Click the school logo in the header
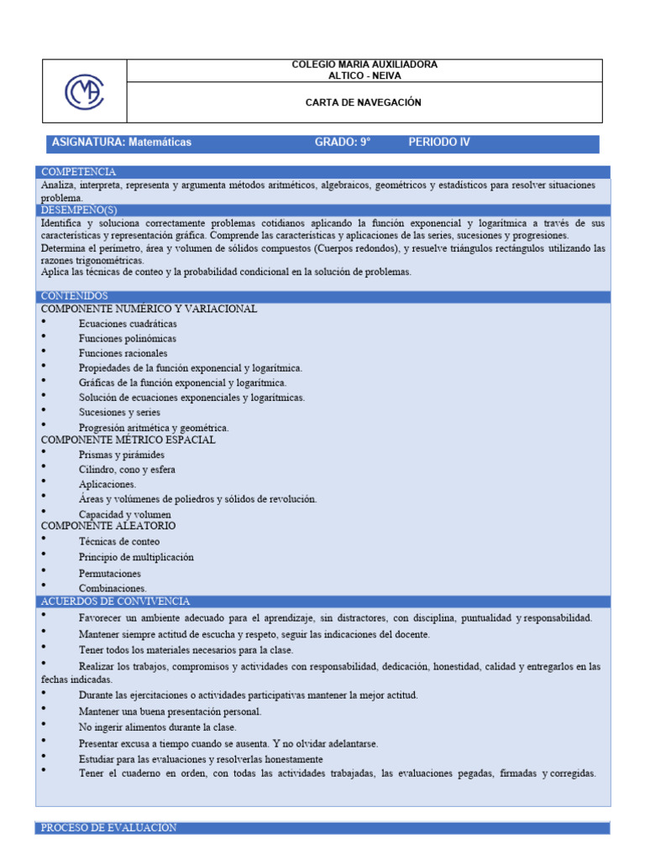click(84, 91)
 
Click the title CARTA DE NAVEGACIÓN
click(364, 102)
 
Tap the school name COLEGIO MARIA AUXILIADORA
click(364, 65)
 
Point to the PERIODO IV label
click(439, 143)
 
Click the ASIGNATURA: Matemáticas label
click(122, 143)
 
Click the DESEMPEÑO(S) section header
click(80, 210)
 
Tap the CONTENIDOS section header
click(75, 296)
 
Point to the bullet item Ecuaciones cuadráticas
click(128, 324)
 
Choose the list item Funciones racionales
click(123, 353)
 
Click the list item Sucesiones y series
click(119, 413)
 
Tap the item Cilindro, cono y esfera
click(127, 470)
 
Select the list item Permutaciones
click(111, 574)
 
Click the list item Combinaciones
click(113, 589)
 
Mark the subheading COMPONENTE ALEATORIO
click(108, 526)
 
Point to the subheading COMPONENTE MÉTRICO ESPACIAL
click(128, 440)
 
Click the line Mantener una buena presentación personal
click(170, 711)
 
